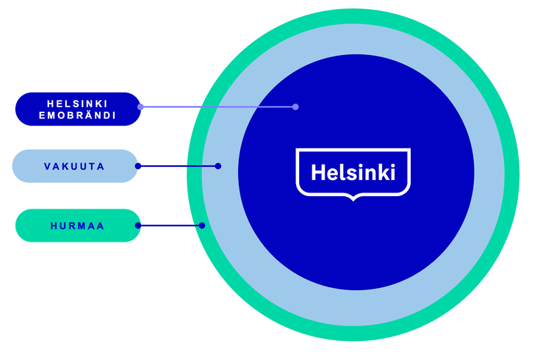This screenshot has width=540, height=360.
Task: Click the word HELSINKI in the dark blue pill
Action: [x=76, y=103]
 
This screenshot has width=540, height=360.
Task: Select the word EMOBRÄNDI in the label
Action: [x=76, y=115]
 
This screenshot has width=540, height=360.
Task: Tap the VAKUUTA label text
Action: [x=74, y=167]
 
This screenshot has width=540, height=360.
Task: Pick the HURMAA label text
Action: [x=77, y=226]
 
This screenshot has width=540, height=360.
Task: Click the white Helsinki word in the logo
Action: [x=353, y=173]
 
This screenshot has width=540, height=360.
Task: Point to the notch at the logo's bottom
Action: [x=353, y=197]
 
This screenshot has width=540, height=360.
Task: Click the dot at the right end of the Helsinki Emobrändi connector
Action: [x=295, y=107]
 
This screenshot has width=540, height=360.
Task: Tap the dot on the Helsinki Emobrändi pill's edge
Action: [x=140, y=107]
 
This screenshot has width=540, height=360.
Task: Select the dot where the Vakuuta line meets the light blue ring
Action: [x=218, y=166]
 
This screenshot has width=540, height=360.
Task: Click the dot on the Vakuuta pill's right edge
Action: [x=137, y=166]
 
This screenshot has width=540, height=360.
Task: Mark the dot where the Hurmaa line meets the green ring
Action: [x=202, y=226]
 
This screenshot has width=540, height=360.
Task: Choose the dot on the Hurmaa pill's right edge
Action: [x=137, y=226]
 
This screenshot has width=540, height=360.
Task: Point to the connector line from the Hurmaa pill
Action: [x=170, y=226]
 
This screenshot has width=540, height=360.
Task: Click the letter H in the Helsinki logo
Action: [x=317, y=173]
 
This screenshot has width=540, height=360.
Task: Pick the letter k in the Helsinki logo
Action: [x=382, y=173]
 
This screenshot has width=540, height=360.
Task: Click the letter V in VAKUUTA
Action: [x=47, y=167]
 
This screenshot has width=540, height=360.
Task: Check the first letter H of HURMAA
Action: [x=54, y=226]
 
